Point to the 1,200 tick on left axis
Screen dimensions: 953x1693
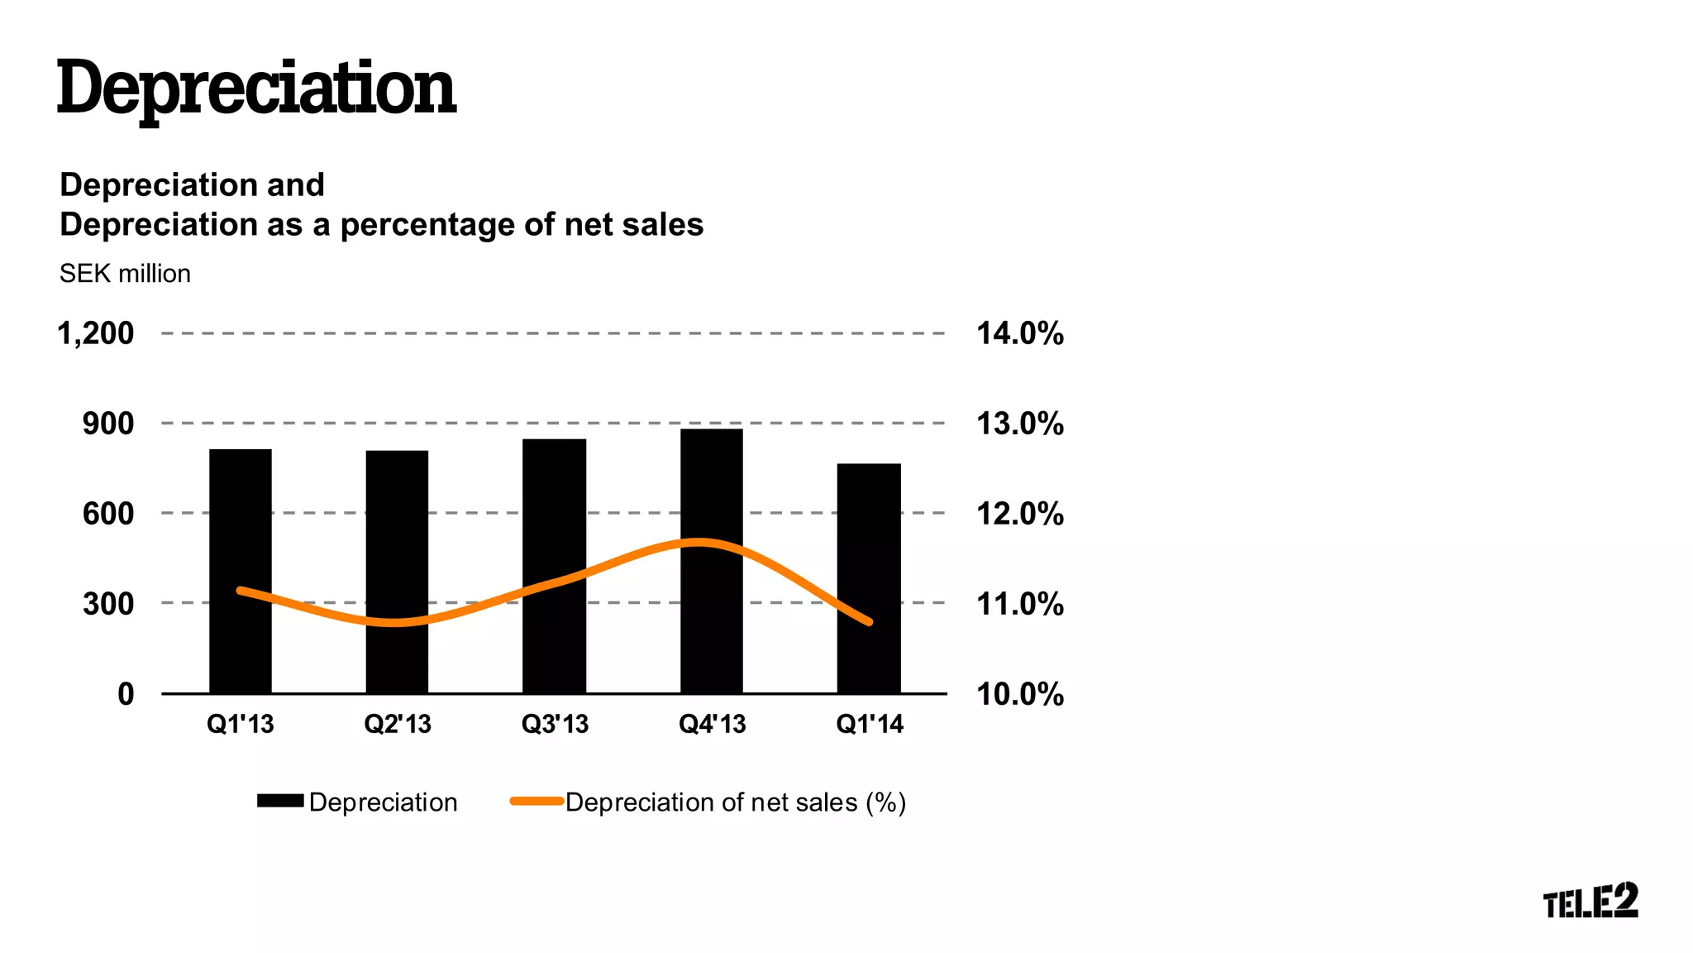[x=95, y=333]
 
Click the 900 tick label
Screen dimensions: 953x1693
[x=107, y=424]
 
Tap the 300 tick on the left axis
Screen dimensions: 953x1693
[x=107, y=604]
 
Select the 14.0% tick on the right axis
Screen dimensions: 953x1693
[x=1020, y=333]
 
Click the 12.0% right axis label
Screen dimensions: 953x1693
[x=1020, y=514]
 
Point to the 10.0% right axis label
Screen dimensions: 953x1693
[x=1020, y=694]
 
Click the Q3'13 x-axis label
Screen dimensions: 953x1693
[x=555, y=724]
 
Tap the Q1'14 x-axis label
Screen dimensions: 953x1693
[x=870, y=724]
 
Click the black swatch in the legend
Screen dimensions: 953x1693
[x=280, y=801]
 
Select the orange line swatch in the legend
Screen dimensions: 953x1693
[x=537, y=801]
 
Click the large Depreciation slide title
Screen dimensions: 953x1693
[x=256, y=89]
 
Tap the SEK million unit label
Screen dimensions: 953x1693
[x=125, y=274]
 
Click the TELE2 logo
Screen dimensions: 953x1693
[x=1590, y=900]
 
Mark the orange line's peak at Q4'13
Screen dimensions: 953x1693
[x=699, y=543]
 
